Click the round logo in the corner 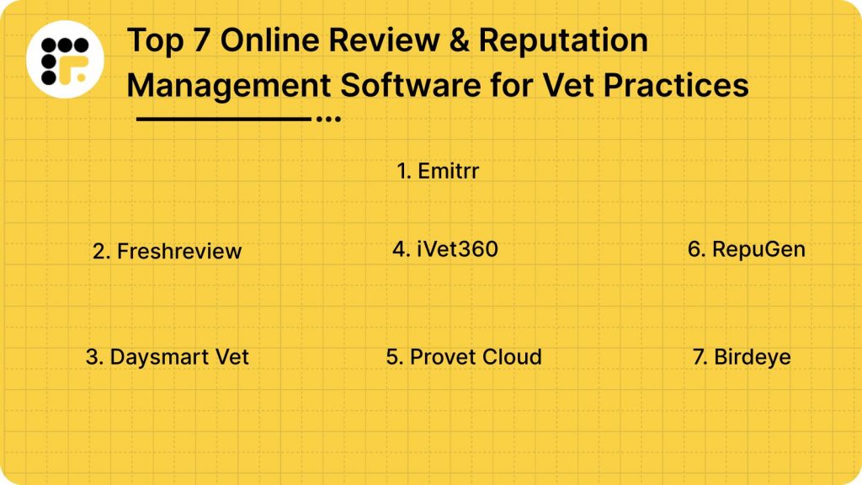tap(65, 59)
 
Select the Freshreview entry tap(167, 251)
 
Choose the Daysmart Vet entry tap(168, 356)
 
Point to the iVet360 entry tap(445, 249)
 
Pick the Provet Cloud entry tap(464, 356)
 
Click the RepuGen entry tap(746, 249)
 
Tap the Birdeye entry tap(742, 356)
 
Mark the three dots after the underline tap(328, 120)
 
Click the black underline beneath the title tap(223, 120)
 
